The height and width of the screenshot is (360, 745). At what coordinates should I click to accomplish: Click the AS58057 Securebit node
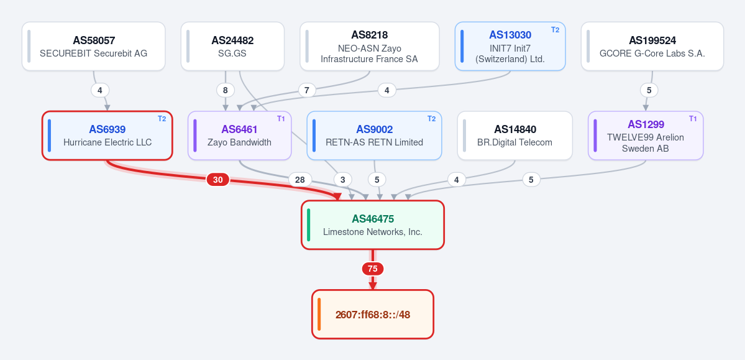click(94, 46)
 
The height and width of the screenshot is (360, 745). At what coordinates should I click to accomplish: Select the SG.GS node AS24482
click(232, 46)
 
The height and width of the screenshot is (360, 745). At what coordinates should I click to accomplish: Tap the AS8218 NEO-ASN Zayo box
click(370, 46)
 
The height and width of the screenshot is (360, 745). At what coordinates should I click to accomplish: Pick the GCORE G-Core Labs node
click(652, 46)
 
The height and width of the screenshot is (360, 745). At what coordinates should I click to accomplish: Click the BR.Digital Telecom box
click(515, 136)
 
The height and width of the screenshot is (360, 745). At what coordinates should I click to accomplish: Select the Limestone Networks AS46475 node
click(373, 225)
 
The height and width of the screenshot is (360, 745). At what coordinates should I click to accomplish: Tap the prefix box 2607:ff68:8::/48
click(373, 315)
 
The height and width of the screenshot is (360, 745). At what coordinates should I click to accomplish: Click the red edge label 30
click(217, 180)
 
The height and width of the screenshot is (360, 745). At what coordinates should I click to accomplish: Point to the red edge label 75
click(373, 269)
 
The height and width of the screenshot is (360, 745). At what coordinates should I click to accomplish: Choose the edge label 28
click(300, 180)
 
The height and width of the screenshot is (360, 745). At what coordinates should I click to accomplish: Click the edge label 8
click(225, 90)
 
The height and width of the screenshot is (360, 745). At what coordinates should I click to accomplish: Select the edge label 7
click(307, 90)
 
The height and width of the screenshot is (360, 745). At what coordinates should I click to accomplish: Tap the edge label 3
click(342, 180)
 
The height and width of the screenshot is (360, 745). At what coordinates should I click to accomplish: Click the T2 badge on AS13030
click(555, 29)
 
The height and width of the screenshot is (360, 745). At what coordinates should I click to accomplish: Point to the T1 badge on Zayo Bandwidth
click(281, 118)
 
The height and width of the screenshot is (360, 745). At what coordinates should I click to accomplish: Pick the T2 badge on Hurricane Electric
click(162, 118)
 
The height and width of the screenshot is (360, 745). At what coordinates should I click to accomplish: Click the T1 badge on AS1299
click(693, 118)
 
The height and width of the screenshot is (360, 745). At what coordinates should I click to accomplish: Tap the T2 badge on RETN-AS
click(431, 118)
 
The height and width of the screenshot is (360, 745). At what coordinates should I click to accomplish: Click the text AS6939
click(107, 129)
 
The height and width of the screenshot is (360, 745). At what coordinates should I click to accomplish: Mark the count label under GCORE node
click(649, 90)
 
